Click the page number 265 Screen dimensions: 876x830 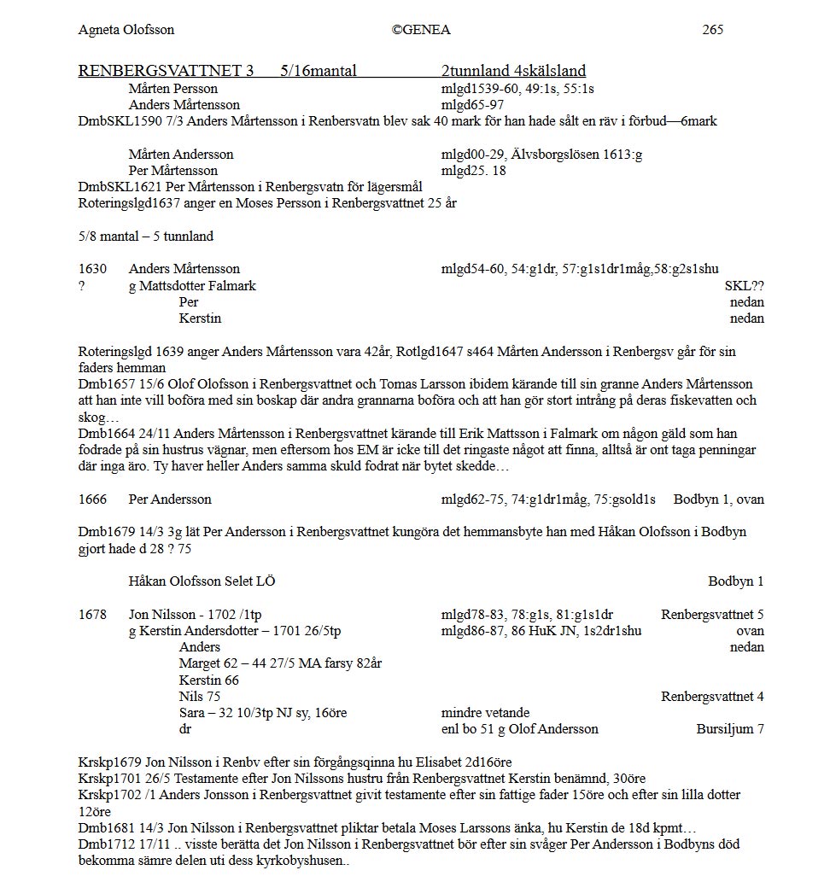coord(712,30)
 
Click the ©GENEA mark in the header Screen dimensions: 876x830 coord(421,30)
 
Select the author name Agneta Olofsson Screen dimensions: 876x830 coord(126,30)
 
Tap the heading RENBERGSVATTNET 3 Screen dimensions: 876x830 coord(166,72)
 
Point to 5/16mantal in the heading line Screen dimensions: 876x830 coord(319,72)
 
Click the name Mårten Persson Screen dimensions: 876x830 coord(173,89)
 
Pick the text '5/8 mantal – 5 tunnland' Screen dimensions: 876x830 coord(146,236)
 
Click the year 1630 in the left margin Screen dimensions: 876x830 coord(93,269)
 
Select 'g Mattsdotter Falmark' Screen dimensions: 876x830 coord(192,286)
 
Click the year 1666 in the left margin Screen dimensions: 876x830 coord(93,499)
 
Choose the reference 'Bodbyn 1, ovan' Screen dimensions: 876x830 coord(718,499)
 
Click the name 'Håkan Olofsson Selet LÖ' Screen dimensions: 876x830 coord(202,581)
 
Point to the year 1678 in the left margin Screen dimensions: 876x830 coord(93,615)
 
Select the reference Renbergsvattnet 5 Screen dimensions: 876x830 coord(712,615)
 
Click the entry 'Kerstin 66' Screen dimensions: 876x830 coord(209,680)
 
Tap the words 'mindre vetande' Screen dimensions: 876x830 coord(485,713)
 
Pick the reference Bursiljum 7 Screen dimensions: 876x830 coord(730,729)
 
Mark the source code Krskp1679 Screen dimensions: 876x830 coord(109,762)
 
